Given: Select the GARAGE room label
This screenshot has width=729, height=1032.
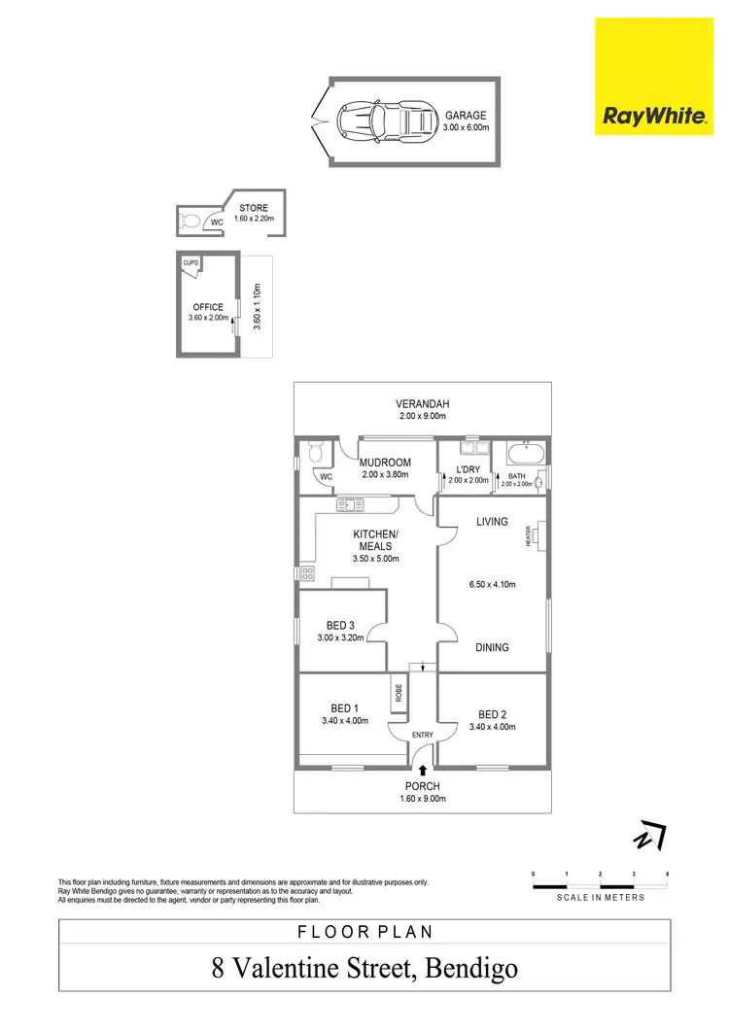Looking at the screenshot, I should pos(466,115).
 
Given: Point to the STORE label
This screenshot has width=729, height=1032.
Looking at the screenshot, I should pos(254,208).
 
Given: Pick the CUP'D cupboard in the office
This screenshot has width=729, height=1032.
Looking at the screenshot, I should pos(191,263).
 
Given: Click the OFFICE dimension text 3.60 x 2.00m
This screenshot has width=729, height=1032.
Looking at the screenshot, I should pos(207,318).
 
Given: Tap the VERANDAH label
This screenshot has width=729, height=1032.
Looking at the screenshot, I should pos(422,403).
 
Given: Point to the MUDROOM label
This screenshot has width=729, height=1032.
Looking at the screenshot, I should pos(385,463).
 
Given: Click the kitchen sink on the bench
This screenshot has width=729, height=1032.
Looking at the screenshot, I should pos(352,503).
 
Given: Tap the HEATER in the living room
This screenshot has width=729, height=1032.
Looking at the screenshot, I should pos(536,535).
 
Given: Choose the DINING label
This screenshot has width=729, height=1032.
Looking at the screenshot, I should pos(492,647).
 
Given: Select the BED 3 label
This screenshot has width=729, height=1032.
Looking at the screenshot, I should pos(338,626).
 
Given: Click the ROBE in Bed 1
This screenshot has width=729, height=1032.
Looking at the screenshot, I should pos(399,692).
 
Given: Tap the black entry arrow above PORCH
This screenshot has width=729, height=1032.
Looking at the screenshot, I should pos(422,770).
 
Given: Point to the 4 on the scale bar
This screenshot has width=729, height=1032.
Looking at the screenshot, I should pos(668,875).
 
